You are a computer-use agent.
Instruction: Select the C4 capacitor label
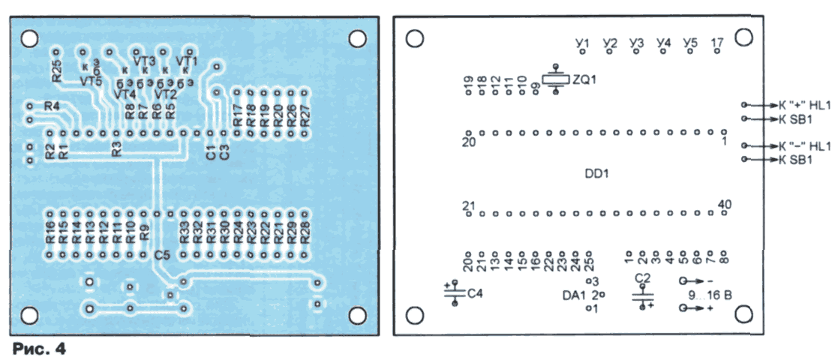click(x=474, y=293)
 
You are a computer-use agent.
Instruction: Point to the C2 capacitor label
click(x=642, y=278)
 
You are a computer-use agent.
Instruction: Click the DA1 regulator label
click(x=574, y=295)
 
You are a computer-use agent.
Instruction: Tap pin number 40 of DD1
click(x=724, y=204)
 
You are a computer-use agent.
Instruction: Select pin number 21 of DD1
click(x=470, y=205)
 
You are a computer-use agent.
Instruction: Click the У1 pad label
click(x=582, y=43)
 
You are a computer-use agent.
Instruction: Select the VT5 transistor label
click(x=91, y=79)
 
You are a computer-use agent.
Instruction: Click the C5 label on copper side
click(x=162, y=256)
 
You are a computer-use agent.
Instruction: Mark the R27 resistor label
click(x=305, y=115)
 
